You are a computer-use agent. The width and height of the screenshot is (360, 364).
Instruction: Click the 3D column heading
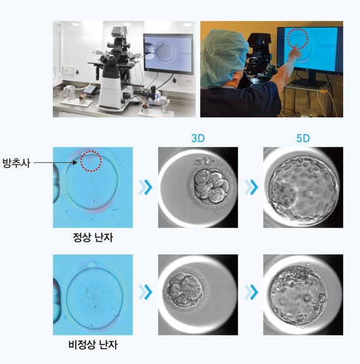(197, 139)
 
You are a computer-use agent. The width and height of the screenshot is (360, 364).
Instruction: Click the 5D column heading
(303, 139)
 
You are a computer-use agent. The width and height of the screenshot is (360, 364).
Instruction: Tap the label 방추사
(16, 163)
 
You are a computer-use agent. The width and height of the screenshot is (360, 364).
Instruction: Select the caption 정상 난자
(92, 237)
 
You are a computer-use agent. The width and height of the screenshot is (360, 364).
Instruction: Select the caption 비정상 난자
(92, 345)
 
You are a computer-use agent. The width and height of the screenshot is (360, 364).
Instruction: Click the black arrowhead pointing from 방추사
(75, 162)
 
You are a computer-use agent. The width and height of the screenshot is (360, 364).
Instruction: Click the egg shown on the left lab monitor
(164, 52)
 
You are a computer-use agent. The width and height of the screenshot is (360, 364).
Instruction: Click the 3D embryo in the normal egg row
(211, 185)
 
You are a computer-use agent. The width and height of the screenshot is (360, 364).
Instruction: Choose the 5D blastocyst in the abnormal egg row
(298, 295)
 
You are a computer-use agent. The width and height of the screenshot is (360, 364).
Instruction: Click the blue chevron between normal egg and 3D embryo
(146, 187)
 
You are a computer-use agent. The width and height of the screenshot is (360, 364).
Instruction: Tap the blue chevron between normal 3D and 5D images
(251, 187)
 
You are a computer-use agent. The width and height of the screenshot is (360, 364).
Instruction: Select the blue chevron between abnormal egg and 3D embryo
(146, 292)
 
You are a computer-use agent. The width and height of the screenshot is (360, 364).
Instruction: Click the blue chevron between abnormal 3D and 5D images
(251, 292)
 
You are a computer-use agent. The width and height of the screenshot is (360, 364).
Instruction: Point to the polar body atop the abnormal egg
(91, 264)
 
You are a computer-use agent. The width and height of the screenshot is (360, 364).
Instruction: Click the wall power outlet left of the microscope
(68, 71)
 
